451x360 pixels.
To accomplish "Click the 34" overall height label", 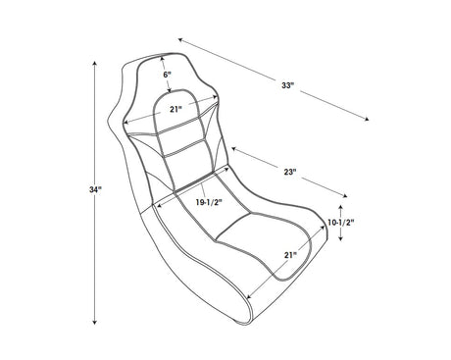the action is [x=96, y=189].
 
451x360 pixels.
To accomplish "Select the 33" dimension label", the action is [x=288, y=85].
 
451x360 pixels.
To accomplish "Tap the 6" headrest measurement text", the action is [x=167, y=75].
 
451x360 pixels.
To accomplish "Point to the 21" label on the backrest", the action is [x=175, y=109].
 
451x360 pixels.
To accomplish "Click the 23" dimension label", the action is [x=290, y=172].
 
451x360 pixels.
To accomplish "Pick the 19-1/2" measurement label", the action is [x=209, y=202].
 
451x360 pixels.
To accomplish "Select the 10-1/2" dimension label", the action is [x=341, y=223].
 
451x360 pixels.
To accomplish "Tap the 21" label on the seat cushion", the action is [x=290, y=255].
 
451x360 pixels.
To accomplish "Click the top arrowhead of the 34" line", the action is [x=95, y=63].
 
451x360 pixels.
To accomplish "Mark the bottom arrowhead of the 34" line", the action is [x=95, y=323].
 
